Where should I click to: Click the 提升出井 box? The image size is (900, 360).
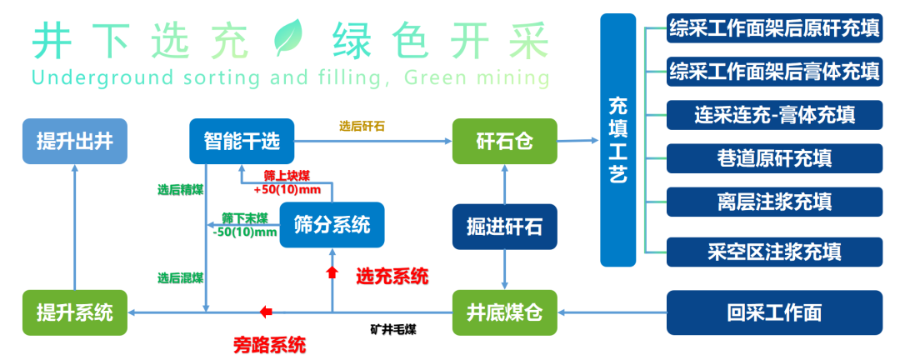(x=75, y=141)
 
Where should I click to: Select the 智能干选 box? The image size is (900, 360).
(x=242, y=141)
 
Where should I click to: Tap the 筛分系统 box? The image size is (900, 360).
(x=332, y=224)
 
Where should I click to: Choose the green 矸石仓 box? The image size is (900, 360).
(x=504, y=141)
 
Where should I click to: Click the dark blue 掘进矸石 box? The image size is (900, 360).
(x=504, y=227)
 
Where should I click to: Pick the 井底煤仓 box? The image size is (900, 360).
(x=504, y=313)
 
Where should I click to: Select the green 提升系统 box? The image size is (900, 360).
(x=75, y=313)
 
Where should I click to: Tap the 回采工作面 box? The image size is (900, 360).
(x=774, y=313)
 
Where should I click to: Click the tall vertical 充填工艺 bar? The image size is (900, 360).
(x=618, y=140)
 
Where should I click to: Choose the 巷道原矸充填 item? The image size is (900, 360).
(x=774, y=158)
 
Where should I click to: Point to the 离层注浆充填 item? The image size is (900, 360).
(x=774, y=202)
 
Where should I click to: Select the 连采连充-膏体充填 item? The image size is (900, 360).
(x=774, y=115)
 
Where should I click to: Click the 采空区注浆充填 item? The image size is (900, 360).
(x=774, y=252)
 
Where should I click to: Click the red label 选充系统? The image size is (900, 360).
(x=392, y=277)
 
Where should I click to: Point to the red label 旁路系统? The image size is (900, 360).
(x=269, y=345)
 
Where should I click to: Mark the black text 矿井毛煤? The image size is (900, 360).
(x=393, y=330)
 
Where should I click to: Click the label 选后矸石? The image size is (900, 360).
(x=362, y=127)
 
